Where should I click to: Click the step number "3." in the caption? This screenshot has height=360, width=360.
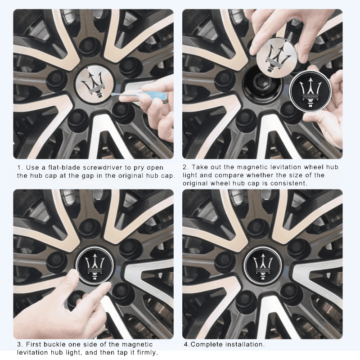(x=20, y=344)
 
